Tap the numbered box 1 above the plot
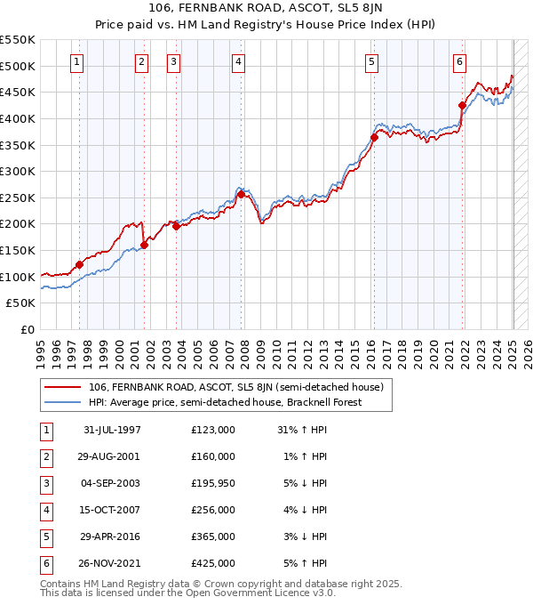(x=77, y=62)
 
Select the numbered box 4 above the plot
(x=240, y=62)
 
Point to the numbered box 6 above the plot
(x=459, y=62)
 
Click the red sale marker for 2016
(x=374, y=137)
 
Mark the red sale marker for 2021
(x=462, y=105)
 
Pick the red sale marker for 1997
(x=80, y=264)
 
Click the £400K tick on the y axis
(x=19, y=118)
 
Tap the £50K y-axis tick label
(x=22, y=303)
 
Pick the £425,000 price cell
(x=213, y=563)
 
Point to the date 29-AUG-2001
(x=111, y=456)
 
